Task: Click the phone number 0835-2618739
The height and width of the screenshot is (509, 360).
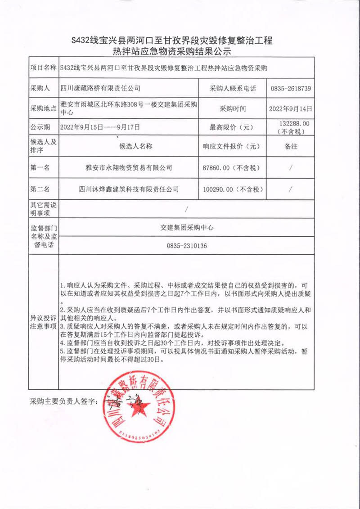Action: coord(291,89)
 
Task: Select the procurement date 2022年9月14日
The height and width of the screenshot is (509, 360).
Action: coord(291,108)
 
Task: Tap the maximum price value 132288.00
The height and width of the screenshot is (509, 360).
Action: coord(295,123)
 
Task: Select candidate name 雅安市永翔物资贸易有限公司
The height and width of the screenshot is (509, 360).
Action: coord(129,168)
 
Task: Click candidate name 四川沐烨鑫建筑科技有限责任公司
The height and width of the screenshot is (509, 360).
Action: coord(129,189)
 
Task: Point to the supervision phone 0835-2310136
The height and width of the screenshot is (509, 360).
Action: coord(187,246)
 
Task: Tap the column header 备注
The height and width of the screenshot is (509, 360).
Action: coord(291,146)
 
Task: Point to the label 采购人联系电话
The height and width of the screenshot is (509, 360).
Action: coord(233,89)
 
